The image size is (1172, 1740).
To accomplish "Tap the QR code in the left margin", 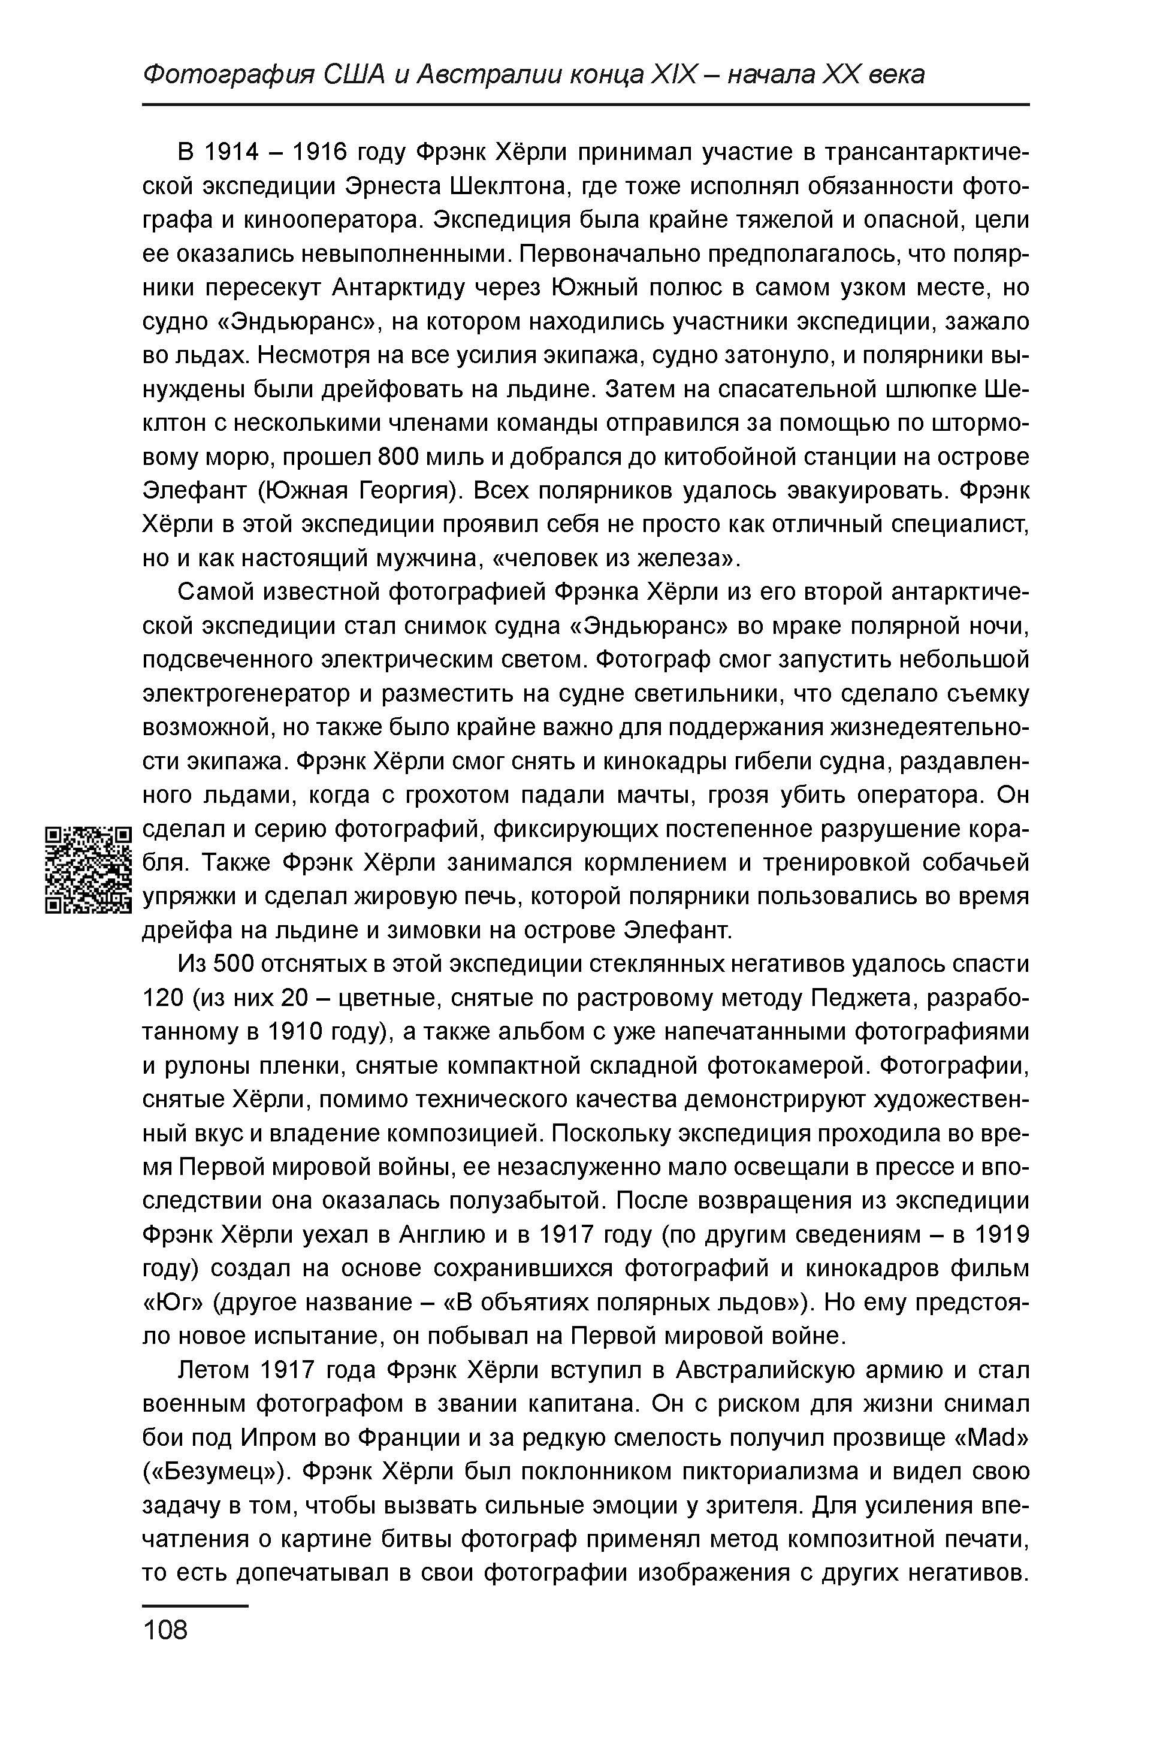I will coord(87,869).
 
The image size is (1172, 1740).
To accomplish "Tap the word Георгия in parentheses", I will coord(406,491).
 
